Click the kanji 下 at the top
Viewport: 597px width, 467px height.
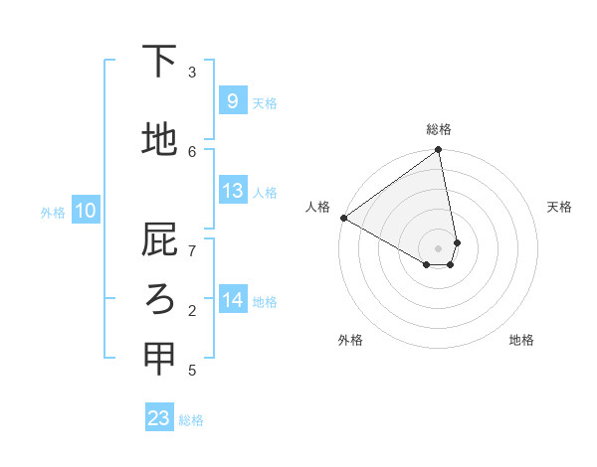pos(160,62)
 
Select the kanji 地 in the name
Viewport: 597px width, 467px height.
pos(160,140)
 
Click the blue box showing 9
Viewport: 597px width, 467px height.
pos(232,100)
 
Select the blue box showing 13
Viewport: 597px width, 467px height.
pos(232,191)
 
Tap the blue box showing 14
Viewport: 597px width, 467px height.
pos(232,299)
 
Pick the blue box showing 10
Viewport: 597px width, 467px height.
pos(86,211)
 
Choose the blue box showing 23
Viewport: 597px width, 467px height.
pos(159,418)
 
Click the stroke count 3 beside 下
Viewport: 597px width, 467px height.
pos(192,73)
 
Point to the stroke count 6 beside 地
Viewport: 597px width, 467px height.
pos(192,151)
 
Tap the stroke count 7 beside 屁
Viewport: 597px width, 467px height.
pos(192,250)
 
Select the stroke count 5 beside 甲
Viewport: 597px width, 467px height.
pos(192,371)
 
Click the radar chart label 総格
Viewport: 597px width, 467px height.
pos(439,129)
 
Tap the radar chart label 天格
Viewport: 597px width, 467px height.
pos(560,207)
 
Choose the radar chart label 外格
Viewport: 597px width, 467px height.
pos(350,340)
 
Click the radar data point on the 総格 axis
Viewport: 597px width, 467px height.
pos(438,151)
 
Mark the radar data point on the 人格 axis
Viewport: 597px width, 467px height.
pos(343,218)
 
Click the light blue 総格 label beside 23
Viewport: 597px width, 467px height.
pos(191,420)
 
